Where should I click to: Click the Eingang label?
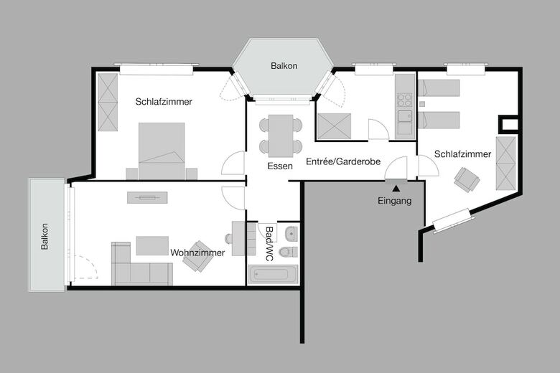click(395, 201)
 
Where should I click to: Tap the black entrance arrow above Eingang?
click(395, 189)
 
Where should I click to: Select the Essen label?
click(279, 166)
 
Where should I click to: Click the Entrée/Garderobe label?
click(342, 161)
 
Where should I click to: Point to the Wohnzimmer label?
click(197, 252)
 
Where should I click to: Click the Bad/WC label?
click(269, 244)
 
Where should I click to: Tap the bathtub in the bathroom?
click(273, 274)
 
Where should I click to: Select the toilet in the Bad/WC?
click(289, 251)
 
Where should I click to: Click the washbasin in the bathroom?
click(291, 233)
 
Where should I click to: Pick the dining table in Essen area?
click(281, 134)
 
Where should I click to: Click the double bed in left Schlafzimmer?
click(162, 151)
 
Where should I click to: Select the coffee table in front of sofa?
click(152, 245)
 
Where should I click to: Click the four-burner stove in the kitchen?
click(405, 100)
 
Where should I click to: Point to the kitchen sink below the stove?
click(405, 122)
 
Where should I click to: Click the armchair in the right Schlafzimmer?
click(467, 179)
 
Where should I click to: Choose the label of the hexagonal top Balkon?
click(284, 66)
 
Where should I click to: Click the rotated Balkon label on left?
click(45, 236)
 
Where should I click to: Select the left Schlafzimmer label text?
click(164, 102)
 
